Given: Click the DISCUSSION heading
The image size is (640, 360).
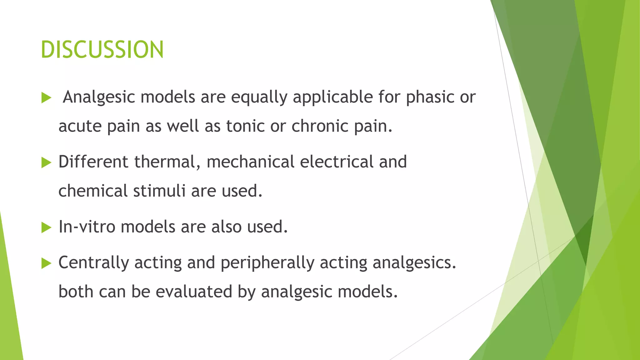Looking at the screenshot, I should point(102,50).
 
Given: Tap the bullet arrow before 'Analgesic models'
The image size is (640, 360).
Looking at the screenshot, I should point(46,98).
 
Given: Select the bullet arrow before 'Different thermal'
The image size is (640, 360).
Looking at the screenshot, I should point(46,162).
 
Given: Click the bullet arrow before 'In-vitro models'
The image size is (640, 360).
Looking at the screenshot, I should point(46,227).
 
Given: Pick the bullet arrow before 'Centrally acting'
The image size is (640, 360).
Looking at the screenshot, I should point(46,263).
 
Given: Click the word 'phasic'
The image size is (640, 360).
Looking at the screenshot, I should point(430,97).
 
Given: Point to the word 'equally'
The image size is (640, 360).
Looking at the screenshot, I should point(259,97).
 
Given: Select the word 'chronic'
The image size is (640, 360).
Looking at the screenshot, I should point(320,126).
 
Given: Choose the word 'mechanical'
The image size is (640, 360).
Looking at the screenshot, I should point(250,162).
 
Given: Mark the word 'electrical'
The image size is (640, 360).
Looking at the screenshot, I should point(337,162).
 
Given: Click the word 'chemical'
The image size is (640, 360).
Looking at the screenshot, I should point(93,191).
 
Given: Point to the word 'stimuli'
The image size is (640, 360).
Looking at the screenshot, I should point(159,191).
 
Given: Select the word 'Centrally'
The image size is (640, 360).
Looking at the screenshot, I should point(93,263).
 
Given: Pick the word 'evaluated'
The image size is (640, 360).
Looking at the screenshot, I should point(194,292).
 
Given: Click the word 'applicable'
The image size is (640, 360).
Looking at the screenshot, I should point(333,97).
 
